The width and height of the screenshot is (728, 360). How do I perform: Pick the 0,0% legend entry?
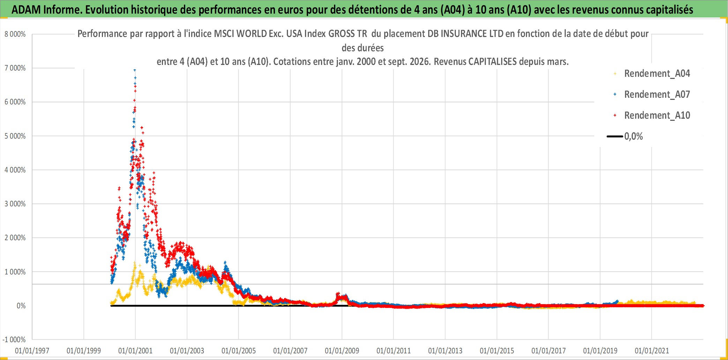tap(633, 136)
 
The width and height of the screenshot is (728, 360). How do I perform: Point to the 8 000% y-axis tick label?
tap(15, 34)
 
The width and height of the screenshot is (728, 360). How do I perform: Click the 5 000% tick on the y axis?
tap(15, 136)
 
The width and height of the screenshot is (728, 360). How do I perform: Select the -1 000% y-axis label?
tap(14, 340)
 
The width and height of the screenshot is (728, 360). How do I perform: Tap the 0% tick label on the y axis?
tap(21, 306)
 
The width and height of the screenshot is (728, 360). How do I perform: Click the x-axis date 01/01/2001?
tap(135, 351)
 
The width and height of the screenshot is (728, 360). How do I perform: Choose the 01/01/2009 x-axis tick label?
tap(342, 351)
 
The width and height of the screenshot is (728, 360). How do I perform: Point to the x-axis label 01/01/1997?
tap(32, 351)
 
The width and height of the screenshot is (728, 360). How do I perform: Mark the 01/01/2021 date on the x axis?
tap(652, 351)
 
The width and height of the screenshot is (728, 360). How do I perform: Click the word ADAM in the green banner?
tap(26, 10)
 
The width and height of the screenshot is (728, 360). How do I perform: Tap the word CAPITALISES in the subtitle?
tap(492, 62)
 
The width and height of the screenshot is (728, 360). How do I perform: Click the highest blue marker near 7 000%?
tap(135, 70)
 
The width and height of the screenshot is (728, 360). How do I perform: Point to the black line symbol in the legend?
tap(615, 137)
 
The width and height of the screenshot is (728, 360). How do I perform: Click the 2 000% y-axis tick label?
tap(15, 238)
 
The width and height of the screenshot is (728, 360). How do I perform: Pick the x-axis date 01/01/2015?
tap(497, 351)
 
